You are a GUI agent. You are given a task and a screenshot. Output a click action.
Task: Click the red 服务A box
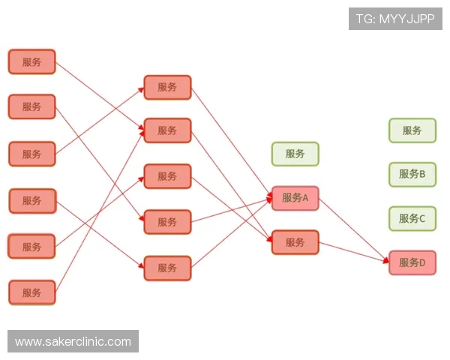tap(295, 199)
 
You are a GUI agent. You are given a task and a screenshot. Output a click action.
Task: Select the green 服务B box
tap(412, 174)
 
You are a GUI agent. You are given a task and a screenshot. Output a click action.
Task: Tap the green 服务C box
tap(412, 218)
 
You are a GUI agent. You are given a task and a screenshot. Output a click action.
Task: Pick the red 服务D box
tap(412, 262)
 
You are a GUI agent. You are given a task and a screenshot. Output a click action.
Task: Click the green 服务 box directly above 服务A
tap(295, 154)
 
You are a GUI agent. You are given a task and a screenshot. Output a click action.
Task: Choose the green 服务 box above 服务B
tap(412, 130)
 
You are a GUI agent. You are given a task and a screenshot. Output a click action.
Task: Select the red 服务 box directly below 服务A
tap(295, 242)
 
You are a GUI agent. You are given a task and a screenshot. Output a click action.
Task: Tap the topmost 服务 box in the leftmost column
tap(31, 61)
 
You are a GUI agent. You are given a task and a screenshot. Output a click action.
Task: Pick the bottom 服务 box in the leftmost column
tap(31, 292)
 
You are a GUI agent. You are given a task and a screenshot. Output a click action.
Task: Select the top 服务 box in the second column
tap(167, 87)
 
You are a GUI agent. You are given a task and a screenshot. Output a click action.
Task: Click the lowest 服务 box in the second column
tap(167, 268)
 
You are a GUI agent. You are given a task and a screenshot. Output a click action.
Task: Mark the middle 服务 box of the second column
tap(167, 176)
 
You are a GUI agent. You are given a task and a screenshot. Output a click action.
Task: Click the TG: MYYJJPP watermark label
tap(395, 18)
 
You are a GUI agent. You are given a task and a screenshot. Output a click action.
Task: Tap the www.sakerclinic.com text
tap(73, 342)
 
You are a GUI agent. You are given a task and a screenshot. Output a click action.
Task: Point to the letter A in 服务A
tap(305, 199)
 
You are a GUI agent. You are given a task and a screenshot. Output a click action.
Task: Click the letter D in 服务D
tap(422, 262)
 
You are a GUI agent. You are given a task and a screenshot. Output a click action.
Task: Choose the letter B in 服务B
tap(422, 174)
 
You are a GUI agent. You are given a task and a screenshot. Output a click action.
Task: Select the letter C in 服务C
tap(422, 218)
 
